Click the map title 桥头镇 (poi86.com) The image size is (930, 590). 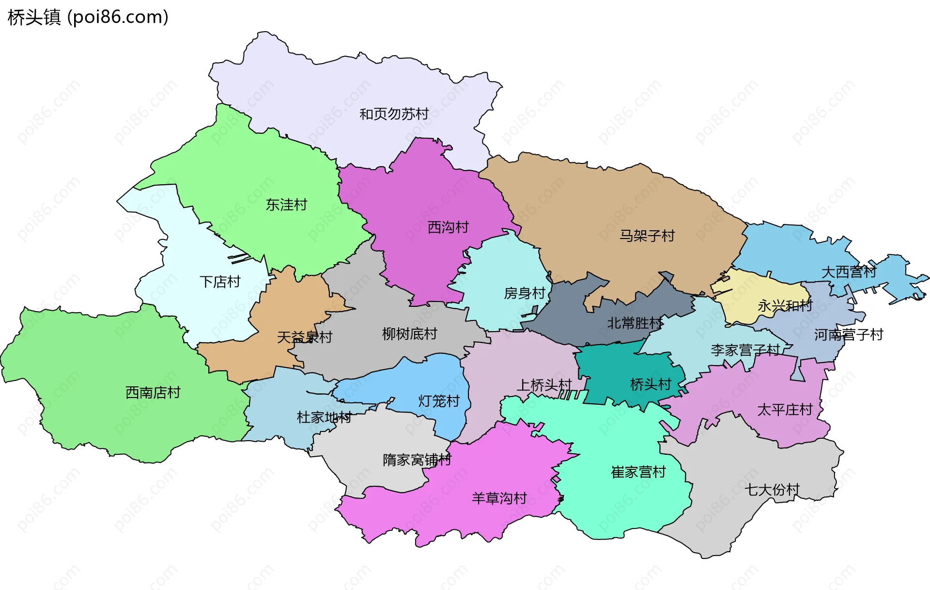(x=88, y=17)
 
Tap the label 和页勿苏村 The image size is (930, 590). (x=394, y=114)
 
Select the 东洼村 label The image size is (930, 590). (x=286, y=205)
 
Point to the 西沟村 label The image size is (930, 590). (x=448, y=227)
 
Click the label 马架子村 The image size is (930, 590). (x=647, y=236)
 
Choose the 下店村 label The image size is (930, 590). (x=220, y=282)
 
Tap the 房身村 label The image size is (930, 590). (x=525, y=293)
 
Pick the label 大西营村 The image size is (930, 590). (x=849, y=272)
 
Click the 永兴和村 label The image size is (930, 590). (x=785, y=306)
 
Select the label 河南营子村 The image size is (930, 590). (x=849, y=335)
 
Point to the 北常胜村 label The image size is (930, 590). (x=635, y=323)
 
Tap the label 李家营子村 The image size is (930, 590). (x=745, y=350)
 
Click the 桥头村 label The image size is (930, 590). (x=651, y=384)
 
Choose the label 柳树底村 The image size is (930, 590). (x=409, y=334)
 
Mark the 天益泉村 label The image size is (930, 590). (x=305, y=337)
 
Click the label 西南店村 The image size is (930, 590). (x=153, y=392)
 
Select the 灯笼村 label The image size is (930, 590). (x=439, y=401)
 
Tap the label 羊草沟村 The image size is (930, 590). (x=499, y=498)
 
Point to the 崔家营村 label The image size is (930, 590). (x=638, y=472)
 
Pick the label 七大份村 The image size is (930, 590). (x=772, y=490)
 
